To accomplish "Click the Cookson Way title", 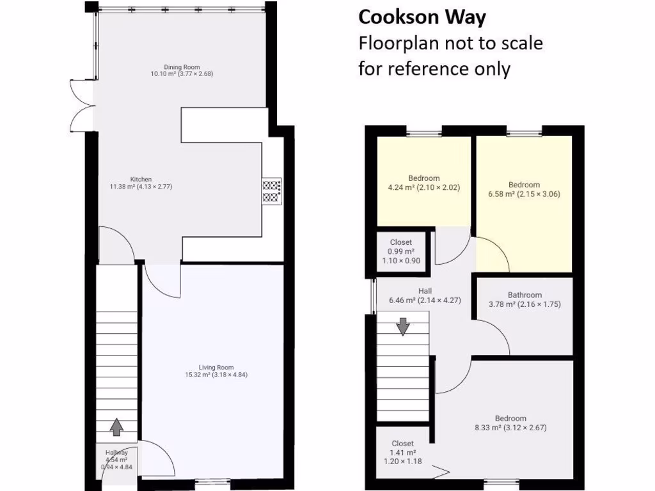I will point(422,17).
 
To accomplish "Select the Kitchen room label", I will point(141,183).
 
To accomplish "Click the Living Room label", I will point(216,371).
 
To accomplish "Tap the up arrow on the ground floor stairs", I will point(116,426).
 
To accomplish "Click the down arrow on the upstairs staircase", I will point(402,327).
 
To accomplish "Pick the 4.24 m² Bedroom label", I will point(423,183).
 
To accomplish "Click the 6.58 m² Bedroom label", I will point(524,189).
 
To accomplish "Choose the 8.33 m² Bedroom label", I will point(510,423).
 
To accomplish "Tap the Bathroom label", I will point(525,300).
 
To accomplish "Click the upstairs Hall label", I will point(425,295).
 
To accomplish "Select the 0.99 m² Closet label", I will point(401,251).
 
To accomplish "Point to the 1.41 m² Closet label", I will point(402,452).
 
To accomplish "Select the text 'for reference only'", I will point(434,68).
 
